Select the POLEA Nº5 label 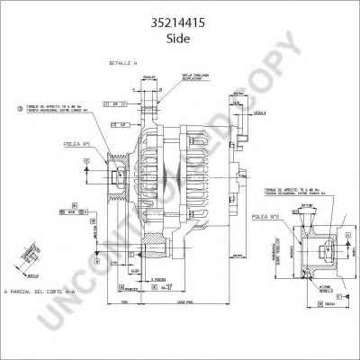tap(76, 143)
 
